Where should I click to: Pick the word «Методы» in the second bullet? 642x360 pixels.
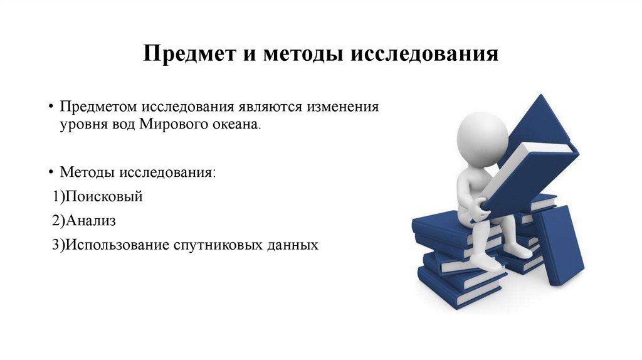click(87, 171)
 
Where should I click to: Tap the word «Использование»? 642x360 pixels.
click(113, 245)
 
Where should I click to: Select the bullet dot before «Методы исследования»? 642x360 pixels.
click(51, 171)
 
